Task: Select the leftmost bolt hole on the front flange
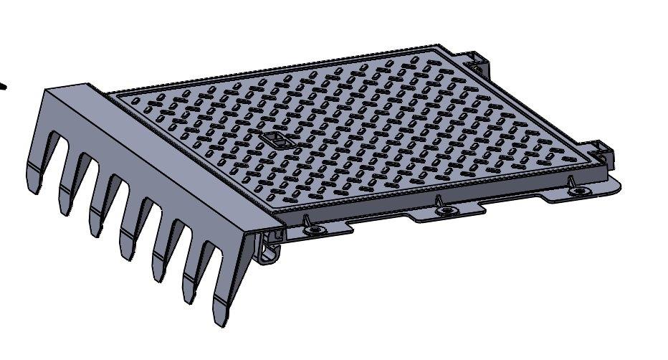tap(312, 231)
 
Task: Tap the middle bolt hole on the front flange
tap(447, 210)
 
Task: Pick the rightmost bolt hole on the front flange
tap(578, 191)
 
